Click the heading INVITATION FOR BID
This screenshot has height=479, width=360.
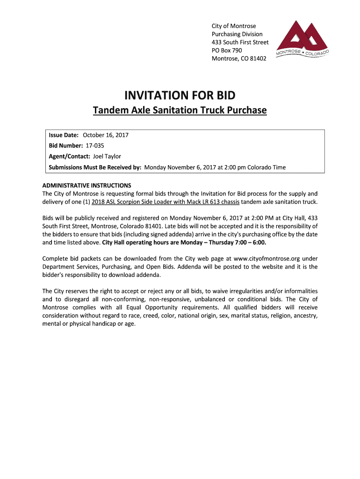[x=180, y=96]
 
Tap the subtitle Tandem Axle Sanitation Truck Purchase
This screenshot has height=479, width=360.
[x=180, y=110]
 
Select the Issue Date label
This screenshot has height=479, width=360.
[x=64, y=135]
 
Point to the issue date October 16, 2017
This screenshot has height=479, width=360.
[x=106, y=135]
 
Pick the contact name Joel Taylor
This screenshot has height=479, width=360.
[x=107, y=157]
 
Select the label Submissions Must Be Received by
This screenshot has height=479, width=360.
[x=95, y=167]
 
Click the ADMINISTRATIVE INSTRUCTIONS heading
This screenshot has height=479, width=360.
[x=86, y=185]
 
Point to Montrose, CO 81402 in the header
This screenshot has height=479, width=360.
[x=239, y=58]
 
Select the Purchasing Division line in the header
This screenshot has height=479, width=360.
[x=237, y=34]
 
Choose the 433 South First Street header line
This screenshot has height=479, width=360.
[x=240, y=42]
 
